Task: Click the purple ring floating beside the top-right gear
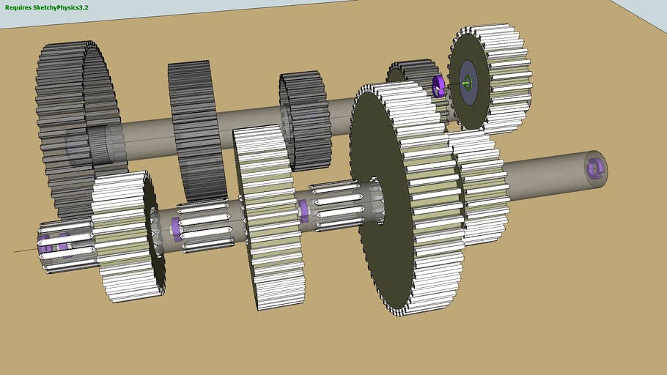click(438, 86)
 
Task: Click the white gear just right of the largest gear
click(481, 187)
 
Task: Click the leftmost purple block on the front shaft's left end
click(45, 245)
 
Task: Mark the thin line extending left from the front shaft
click(26, 250)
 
